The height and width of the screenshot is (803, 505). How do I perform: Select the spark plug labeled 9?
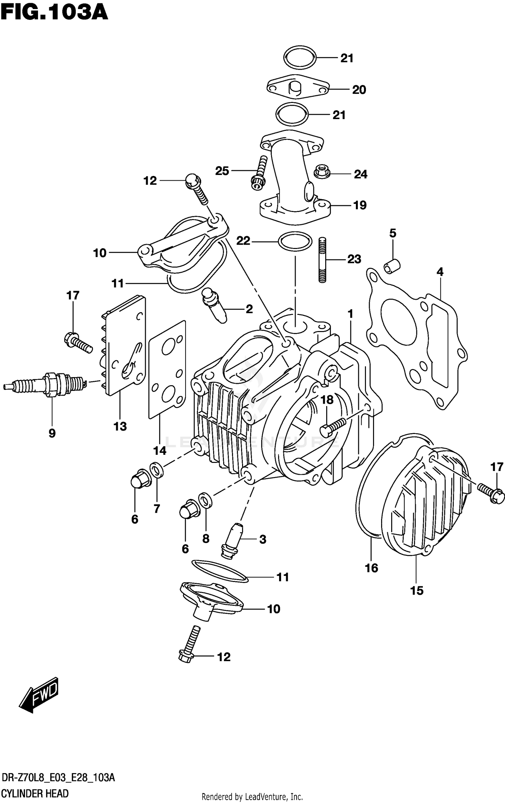pyautogui.click(x=47, y=384)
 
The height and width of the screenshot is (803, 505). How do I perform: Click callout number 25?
pyautogui.click(x=222, y=171)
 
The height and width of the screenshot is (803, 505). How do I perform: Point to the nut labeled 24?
pyautogui.click(x=322, y=172)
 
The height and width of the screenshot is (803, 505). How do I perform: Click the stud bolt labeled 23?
pyautogui.click(x=323, y=260)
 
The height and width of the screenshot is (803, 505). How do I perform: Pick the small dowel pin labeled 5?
pyautogui.click(x=392, y=265)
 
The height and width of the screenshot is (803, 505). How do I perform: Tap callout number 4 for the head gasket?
pyautogui.click(x=440, y=271)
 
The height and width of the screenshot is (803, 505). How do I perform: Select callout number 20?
pyautogui.click(x=359, y=90)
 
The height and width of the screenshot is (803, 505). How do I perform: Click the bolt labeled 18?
pyautogui.click(x=332, y=427)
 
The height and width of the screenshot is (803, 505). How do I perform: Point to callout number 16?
pyautogui.click(x=371, y=568)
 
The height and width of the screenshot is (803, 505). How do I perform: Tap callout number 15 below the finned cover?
pyautogui.click(x=416, y=590)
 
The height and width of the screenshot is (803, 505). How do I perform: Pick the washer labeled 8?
pyautogui.click(x=205, y=500)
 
